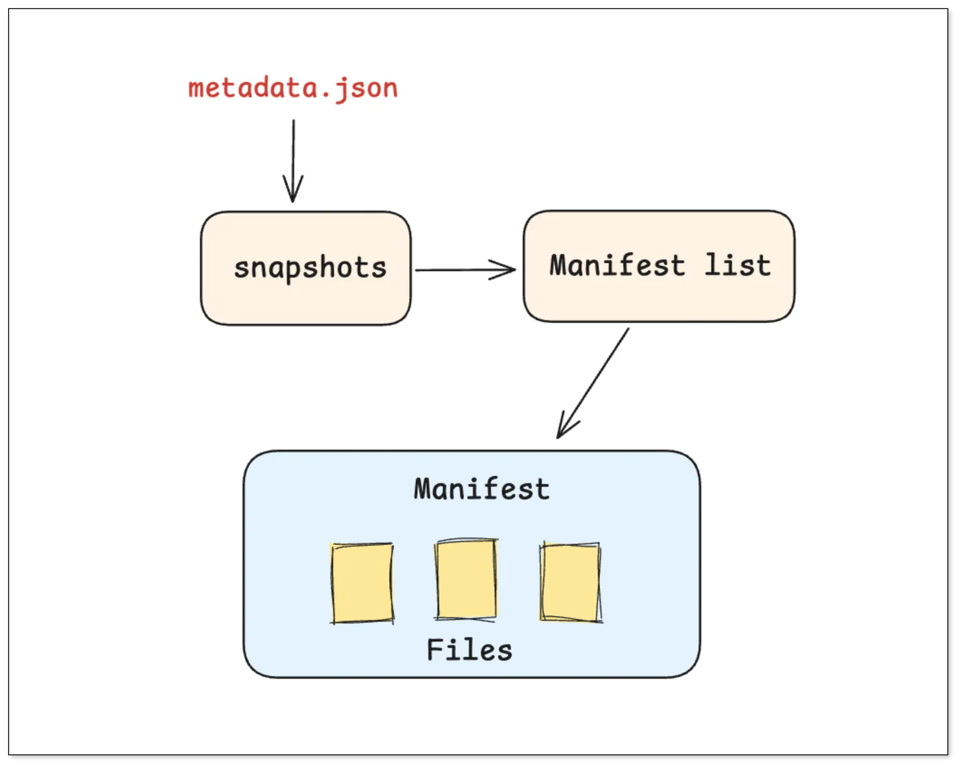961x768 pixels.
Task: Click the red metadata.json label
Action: click(292, 88)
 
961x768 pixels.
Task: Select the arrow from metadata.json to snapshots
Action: click(293, 160)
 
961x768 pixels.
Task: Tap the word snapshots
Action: click(310, 269)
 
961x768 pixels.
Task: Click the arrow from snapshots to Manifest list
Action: click(465, 269)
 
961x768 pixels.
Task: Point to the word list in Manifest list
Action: click(738, 265)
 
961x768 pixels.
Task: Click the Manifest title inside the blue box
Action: click(481, 489)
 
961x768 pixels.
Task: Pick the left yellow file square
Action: click(362, 584)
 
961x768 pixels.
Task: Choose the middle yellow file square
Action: click(466, 579)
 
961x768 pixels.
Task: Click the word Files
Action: click(470, 650)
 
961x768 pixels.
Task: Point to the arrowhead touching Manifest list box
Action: click(502, 269)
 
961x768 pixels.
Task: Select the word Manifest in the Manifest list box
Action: click(617, 265)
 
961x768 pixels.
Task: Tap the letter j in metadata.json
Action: click(340, 90)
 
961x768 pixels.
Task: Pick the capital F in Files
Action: click(435, 650)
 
